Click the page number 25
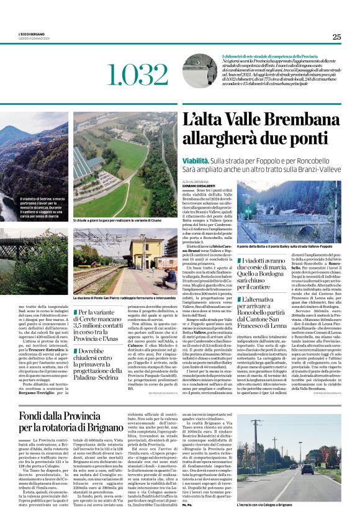(x=336, y=37)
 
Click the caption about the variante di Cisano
(x=124, y=220)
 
